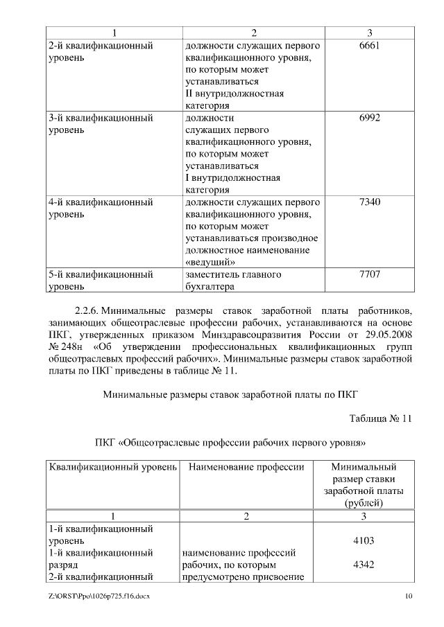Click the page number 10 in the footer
point(409,597)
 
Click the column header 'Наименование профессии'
point(246,467)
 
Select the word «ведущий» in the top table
point(211,263)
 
